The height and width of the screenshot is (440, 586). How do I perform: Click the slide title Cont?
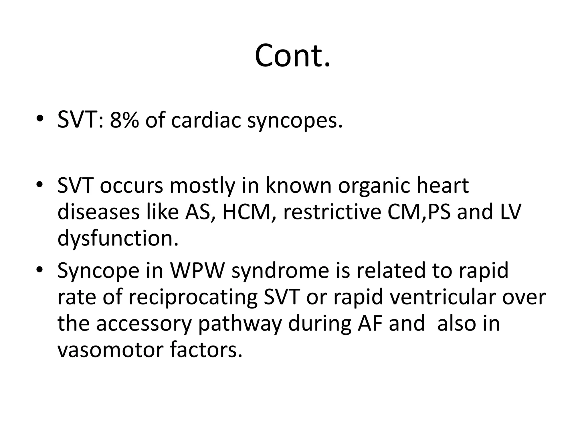point(292,56)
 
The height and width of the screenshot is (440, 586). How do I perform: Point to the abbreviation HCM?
point(246,212)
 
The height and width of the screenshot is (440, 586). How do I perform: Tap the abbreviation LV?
point(511,212)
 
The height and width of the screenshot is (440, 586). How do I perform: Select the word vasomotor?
point(110,350)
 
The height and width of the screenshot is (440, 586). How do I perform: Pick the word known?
point(299,186)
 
